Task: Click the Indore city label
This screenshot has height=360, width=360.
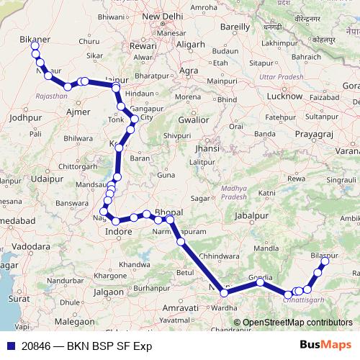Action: click(x=119, y=232)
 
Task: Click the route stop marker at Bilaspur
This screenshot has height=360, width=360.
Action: click(x=324, y=261)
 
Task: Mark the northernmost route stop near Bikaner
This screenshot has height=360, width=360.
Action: click(x=35, y=46)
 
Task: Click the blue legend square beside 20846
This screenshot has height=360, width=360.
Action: click(x=10, y=346)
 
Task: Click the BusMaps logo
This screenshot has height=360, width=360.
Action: click(x=330, y=346)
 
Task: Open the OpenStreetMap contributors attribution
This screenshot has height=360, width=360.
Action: click(x=297, y=323)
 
